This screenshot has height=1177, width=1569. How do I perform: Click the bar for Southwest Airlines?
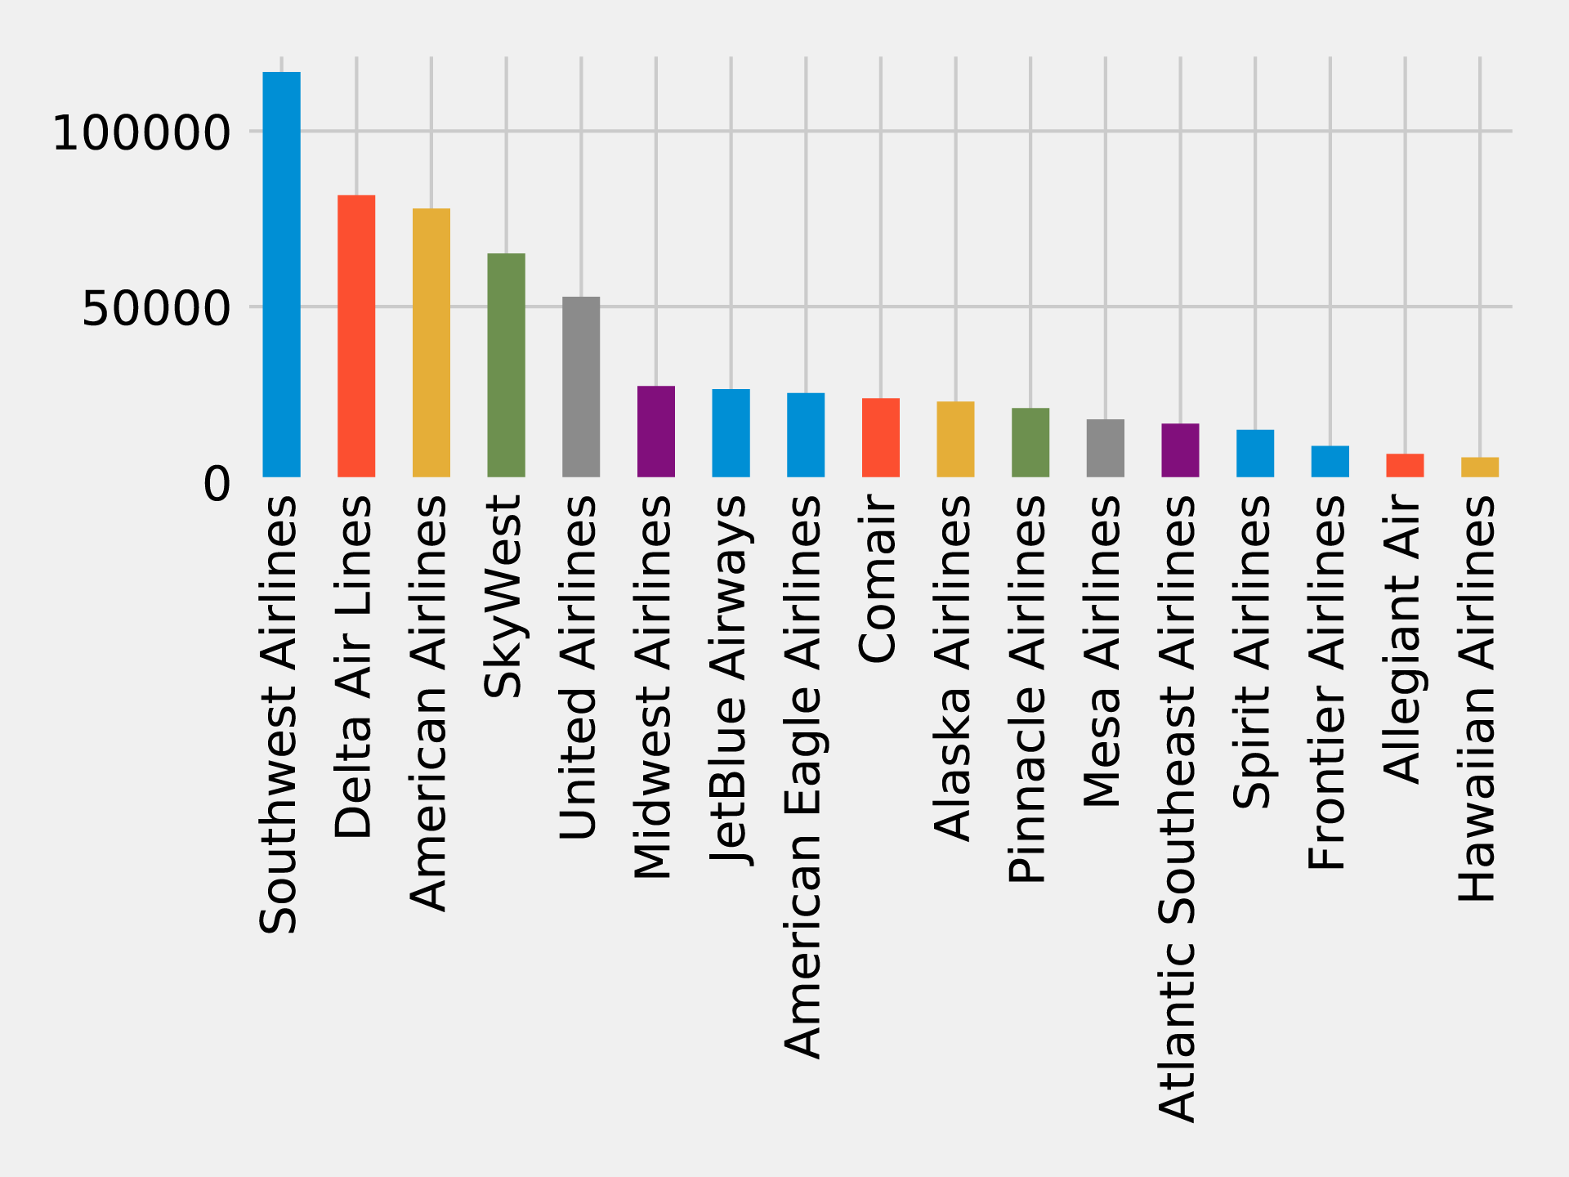coord(281,275)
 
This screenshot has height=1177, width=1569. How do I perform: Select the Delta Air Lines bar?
coord(356,336)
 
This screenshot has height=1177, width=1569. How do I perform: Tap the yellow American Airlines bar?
coord(431,342)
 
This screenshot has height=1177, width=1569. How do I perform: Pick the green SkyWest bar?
coord(506,365)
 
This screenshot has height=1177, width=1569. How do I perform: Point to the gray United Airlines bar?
coord(581,387)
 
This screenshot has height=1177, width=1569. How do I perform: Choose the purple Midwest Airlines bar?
coord(656,432)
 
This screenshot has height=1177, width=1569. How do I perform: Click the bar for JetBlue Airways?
coord(731,433)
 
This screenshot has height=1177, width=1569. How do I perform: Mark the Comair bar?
coord(881,437)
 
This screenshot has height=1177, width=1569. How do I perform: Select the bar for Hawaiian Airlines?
coord(1480,467)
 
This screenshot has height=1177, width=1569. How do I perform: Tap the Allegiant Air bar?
coord(1405,465)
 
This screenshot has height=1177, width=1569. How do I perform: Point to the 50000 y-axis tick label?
coord(156,308)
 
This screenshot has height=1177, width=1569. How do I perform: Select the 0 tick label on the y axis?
coord(217,484)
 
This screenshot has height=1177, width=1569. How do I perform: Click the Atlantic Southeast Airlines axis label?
coord(1178,808)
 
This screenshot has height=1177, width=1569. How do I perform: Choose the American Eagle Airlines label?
coord(803,776)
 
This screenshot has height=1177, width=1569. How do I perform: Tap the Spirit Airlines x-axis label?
coord(1252,652)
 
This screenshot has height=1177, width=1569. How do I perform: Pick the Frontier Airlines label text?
coord(1327,682)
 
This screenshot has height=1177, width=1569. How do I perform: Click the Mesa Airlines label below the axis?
coord(1102,651)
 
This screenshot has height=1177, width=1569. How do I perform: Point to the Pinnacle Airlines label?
coord(1028,689)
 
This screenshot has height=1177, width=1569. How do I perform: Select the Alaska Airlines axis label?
coord(953,668)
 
